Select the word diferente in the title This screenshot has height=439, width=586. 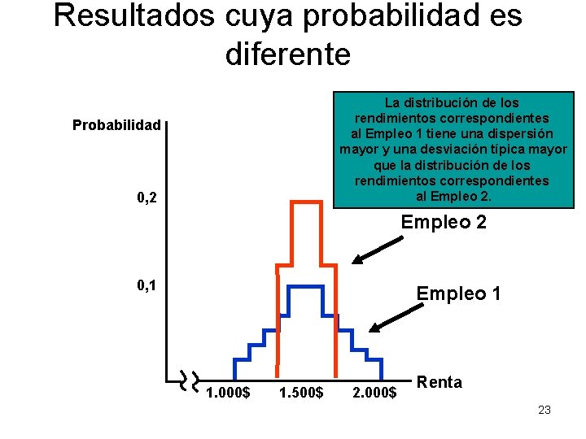tap(287, 54)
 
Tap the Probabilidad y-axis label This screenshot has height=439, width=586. tap(116, 125)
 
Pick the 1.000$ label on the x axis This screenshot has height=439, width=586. tap(228, 393)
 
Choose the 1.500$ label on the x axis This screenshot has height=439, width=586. tap(301, 393)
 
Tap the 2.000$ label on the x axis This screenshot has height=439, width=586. tap(374, 393)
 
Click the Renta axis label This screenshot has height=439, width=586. tap(439, 382)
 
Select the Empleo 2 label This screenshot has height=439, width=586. tap(444, 221)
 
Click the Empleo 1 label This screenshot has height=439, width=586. tap(458, 293)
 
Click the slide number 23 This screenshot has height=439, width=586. tap(544, 410)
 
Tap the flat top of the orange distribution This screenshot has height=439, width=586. tap(306, 201)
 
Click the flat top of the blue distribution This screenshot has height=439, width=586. tap(306, 286)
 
